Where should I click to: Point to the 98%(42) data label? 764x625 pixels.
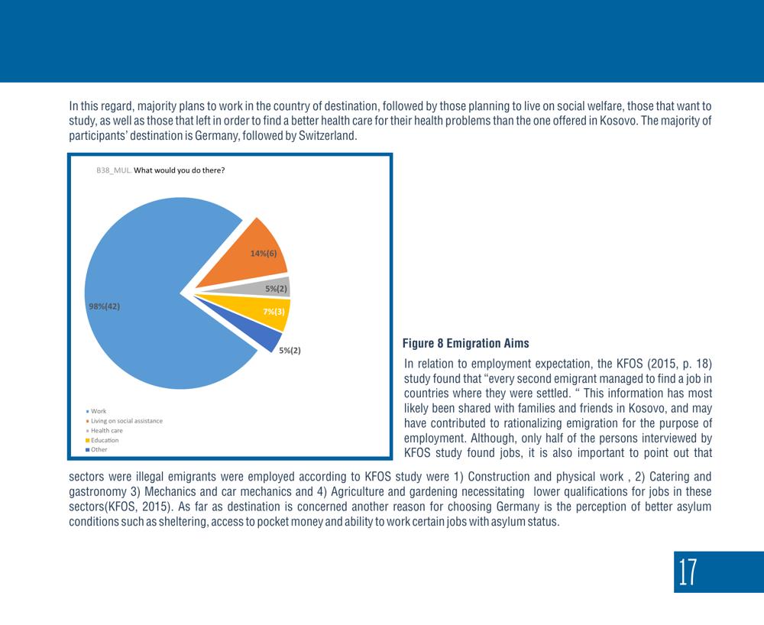104,306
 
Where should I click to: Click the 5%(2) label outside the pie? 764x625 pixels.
290,350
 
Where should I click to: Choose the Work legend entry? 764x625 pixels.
96,411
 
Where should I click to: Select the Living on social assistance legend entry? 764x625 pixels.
125,421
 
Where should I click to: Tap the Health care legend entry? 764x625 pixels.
104,431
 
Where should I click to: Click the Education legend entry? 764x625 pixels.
102,440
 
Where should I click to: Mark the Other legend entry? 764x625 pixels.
96,449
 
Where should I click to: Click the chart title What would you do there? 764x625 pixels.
180,170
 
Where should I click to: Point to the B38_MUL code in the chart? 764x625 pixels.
114,170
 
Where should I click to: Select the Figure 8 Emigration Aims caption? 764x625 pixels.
466,343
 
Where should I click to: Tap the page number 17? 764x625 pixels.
688,572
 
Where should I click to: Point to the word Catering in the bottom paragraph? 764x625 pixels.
669,477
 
